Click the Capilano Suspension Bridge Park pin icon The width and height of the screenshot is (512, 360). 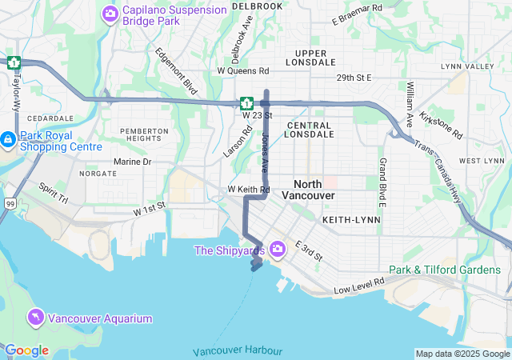pos(110,14)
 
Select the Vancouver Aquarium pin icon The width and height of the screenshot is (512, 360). pos(36,318)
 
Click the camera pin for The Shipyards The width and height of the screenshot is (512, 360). pos(278,250)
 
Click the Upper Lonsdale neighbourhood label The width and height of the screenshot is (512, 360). pos(305,58)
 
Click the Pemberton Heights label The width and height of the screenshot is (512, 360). pos(144,134)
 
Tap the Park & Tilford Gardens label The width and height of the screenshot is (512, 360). pos(444,270)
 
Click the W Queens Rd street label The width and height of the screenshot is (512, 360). pos(243,70)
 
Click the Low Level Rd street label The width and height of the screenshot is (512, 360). pos(359,285)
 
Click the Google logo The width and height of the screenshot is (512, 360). pos(26,350)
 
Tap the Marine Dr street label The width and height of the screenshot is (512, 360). pos(132,162)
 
